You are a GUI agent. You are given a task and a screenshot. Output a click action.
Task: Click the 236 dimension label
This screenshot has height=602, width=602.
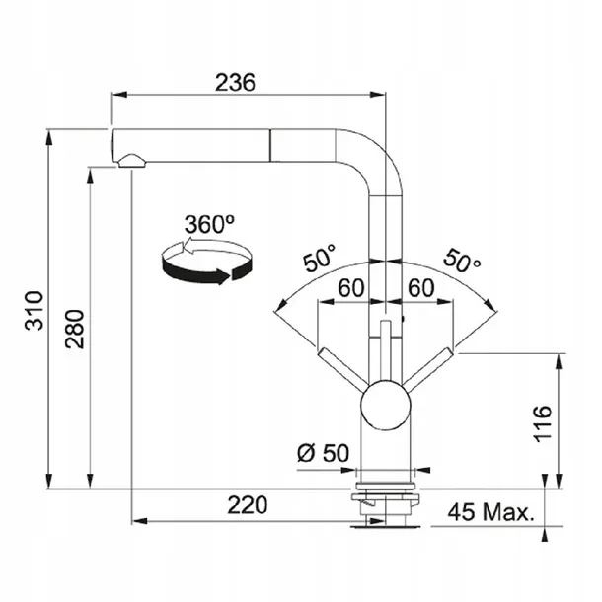point(235,82)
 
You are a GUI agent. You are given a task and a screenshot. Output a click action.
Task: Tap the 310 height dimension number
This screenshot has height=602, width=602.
point(35,311)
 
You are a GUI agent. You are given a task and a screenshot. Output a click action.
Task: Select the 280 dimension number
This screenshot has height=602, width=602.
point(74,329)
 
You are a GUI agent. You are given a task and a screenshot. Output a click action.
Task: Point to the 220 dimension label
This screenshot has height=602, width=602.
point(248,505)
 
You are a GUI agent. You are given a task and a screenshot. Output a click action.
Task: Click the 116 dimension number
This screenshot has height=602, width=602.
point(543,423)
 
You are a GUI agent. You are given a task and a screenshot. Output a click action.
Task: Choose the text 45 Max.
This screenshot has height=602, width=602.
point(491,512)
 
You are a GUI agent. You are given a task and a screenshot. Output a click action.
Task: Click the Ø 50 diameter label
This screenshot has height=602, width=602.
point(324,453)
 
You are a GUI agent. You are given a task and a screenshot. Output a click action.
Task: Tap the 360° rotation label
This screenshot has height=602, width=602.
point(209,224)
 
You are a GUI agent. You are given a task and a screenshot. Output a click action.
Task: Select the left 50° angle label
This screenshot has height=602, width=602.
point(320,258)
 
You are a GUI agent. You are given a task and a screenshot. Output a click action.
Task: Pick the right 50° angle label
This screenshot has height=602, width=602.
point(462,261)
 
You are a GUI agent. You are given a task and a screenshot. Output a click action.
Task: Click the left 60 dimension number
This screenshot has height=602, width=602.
point(350,287)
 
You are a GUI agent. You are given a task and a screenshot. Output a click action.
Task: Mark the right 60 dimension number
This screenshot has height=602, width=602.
point(421,287)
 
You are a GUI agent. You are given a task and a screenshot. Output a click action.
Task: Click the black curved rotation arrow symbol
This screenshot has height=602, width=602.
point(206,262)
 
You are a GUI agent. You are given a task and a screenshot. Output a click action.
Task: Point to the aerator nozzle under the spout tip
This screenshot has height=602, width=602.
point(132,161)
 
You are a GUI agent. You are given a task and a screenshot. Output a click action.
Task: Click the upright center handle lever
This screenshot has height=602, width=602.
point(385,350)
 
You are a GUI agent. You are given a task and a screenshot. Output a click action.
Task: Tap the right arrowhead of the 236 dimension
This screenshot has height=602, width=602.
point(377,95)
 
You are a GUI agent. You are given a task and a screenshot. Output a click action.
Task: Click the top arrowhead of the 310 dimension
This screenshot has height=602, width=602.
point(48,137)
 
